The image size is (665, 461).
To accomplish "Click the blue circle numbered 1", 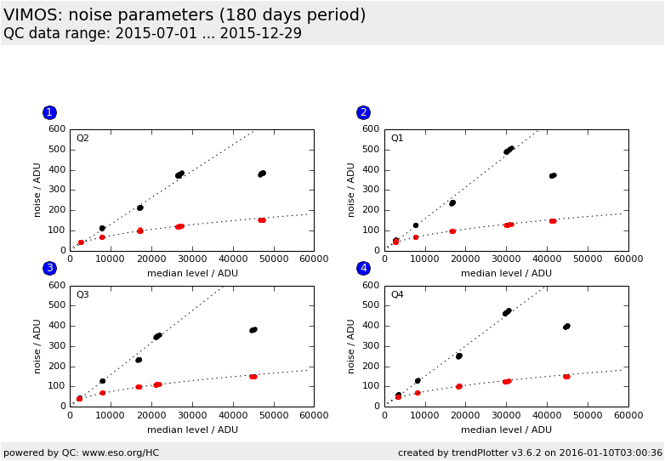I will tap(49, 112).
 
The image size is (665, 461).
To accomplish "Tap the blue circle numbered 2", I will tap(363, 112).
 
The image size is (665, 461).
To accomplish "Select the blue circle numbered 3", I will tap(49, 268).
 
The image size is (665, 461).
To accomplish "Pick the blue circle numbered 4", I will tap(363, 268).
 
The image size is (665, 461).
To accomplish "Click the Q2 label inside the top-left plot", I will tap(82, 139).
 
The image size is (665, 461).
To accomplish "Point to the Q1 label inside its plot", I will tap(397, 139).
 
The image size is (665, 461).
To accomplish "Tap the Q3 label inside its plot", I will tap(82, 295).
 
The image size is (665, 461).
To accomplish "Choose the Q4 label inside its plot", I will tap(397, 295).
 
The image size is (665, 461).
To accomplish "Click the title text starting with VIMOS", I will tap(185, 15).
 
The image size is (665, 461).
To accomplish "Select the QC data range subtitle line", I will tap(152, 34).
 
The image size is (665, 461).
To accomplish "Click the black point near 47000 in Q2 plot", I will tap(262, 174).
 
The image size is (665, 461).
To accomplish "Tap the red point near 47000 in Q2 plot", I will tap(262, 220).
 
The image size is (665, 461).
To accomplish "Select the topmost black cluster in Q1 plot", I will tap(509, 150).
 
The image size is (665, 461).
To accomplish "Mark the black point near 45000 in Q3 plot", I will tap(253, 330).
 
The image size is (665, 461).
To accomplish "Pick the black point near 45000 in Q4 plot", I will tap(566, 326).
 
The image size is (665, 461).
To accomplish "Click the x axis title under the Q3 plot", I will tap(192, 430).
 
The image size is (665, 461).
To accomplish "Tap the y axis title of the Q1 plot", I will tap(351, 190).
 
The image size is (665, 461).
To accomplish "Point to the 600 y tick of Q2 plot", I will tap(57, 129).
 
